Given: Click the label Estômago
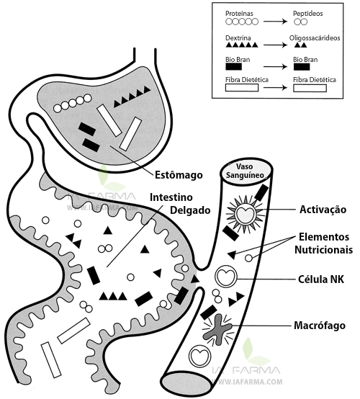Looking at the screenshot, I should coord(179,174).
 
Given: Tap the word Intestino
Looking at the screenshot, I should coord(175,196).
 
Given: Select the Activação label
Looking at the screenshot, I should coord(323,210).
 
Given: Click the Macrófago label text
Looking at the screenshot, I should coord(322,326).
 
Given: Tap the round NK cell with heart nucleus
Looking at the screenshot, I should coord(227,276).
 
